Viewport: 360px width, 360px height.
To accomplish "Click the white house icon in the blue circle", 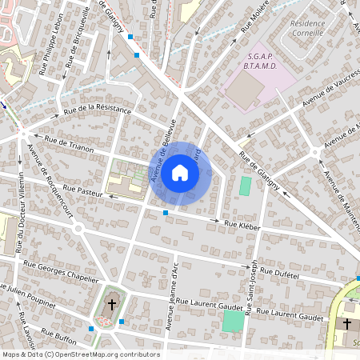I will [x=180, y=171].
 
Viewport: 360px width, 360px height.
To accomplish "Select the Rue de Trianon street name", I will [x=70, y=144].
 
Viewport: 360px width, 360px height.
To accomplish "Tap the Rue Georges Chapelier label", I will [x=55, y=267].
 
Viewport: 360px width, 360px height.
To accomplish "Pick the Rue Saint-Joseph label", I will [x=252, y=288].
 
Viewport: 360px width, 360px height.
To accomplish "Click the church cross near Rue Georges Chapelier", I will [x=111, y=304].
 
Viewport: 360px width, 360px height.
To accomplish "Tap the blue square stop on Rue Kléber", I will [x=165, y=213].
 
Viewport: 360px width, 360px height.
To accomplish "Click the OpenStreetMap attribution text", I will [x=80, y=354].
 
